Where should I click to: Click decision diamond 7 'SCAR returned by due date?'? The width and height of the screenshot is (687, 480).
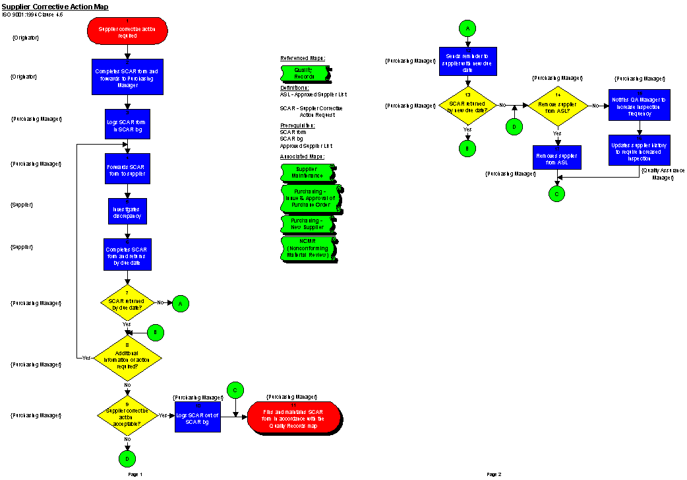tap(127, 303)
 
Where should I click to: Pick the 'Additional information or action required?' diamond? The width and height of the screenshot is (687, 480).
tap(127, 358)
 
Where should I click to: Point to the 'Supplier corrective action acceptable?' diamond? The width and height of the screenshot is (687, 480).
tap(127, 415)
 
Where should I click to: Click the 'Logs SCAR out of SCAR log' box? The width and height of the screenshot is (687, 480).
tap(198, 417)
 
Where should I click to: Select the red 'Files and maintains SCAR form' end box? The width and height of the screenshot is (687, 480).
tap(295, 417)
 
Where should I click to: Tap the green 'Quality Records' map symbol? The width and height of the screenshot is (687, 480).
tap(305, 73)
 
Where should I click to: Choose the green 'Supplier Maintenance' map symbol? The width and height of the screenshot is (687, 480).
tap(308, 172)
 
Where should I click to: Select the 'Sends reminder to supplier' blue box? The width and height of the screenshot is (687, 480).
tap(468, 61)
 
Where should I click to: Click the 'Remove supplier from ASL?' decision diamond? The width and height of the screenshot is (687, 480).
tap(558, 106)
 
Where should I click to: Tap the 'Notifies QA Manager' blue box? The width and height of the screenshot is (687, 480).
tap(638, 106)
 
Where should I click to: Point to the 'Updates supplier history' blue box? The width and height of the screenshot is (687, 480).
tap(638, 150)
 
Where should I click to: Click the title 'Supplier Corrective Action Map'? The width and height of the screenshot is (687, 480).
tap(55, 7)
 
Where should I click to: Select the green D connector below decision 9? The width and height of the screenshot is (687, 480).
tap(127, 458)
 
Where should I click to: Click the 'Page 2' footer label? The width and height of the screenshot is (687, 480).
tap(494, 474)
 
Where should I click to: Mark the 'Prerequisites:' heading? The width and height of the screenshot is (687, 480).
tap(297, 125)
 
